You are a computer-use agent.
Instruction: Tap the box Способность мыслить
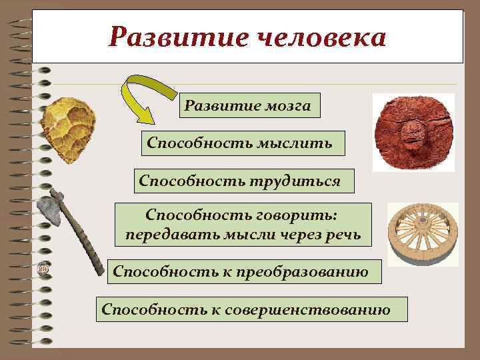click(x=243, y=143)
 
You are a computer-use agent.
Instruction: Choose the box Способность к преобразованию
click(x=241, y=271)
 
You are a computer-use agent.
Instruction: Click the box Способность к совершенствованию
click(x=245, y=309)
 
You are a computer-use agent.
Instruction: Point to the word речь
click(x=345, y=235)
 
